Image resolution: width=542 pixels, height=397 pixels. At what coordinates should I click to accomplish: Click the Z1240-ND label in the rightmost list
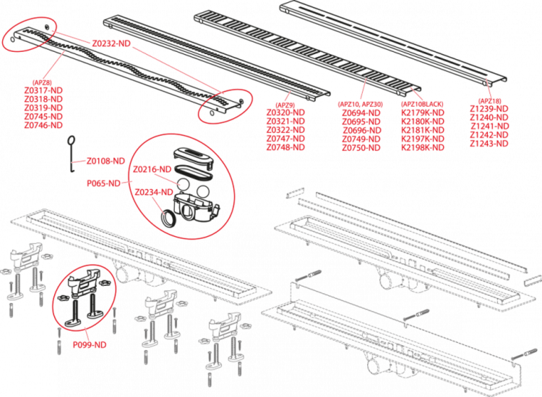489,117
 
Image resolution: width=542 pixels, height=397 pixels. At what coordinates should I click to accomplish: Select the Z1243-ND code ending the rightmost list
489,144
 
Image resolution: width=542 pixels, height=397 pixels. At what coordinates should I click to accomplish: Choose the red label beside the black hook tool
106,160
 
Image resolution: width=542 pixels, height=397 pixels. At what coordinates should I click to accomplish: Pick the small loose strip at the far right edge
531,279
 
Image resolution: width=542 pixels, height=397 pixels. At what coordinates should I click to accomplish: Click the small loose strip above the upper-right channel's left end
297,193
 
